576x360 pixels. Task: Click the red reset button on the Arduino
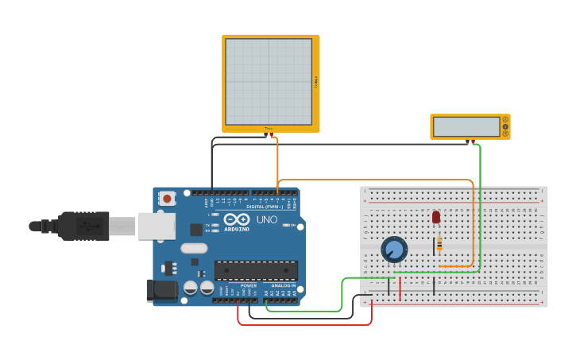click(166, 199)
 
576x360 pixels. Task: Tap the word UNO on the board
click(267, 219)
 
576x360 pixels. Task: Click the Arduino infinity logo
click(236, 219)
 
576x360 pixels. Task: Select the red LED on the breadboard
click(435, 217)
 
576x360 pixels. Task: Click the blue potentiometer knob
click(394, 250)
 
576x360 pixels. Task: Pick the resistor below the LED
click(439, 244)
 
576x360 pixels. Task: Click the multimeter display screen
click(466, 126)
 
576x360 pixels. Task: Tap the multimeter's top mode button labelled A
click(504, 120)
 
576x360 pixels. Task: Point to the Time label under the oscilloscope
click(269, 129)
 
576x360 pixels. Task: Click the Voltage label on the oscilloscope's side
click(315, 82)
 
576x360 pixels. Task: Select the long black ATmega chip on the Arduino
click(256, 270)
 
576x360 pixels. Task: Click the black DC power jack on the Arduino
click(162, 290)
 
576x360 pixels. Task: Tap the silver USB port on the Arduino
click(157, 226)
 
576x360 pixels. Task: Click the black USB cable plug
click(83, 226)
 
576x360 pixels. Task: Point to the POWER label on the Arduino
click(248, 285)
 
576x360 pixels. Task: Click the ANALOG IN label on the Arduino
click(284, 285)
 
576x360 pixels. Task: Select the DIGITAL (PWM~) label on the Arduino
click(265, 207)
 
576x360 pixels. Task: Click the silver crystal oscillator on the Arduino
click(194, 248)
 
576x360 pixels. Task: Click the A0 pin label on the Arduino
click(266, 292)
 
